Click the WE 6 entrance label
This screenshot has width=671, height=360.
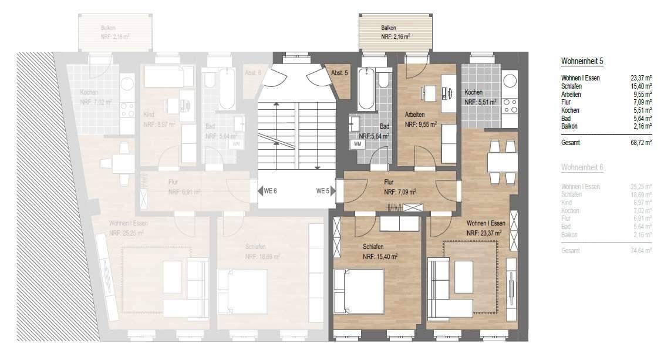pos(269,191)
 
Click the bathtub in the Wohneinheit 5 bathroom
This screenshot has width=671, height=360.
pos(366,88)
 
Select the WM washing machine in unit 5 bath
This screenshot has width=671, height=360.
pos(356,143)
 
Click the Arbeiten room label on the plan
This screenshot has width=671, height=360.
pos(414,115)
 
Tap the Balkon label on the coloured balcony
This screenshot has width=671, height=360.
pos(388,28)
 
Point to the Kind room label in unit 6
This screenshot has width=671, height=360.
pos(149,115)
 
